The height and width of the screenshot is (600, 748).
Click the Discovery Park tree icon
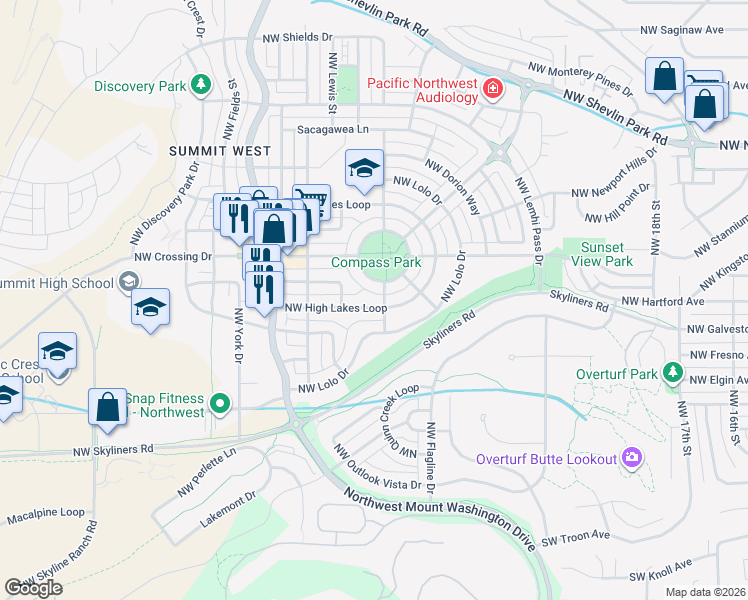(201, 86)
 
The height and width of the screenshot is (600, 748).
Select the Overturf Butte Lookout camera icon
(631, 458)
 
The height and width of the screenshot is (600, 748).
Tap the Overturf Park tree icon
(673, 374)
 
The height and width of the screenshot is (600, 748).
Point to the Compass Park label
(376, 262)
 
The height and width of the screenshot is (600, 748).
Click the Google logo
(34, 587)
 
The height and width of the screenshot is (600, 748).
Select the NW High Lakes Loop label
(336, 308)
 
